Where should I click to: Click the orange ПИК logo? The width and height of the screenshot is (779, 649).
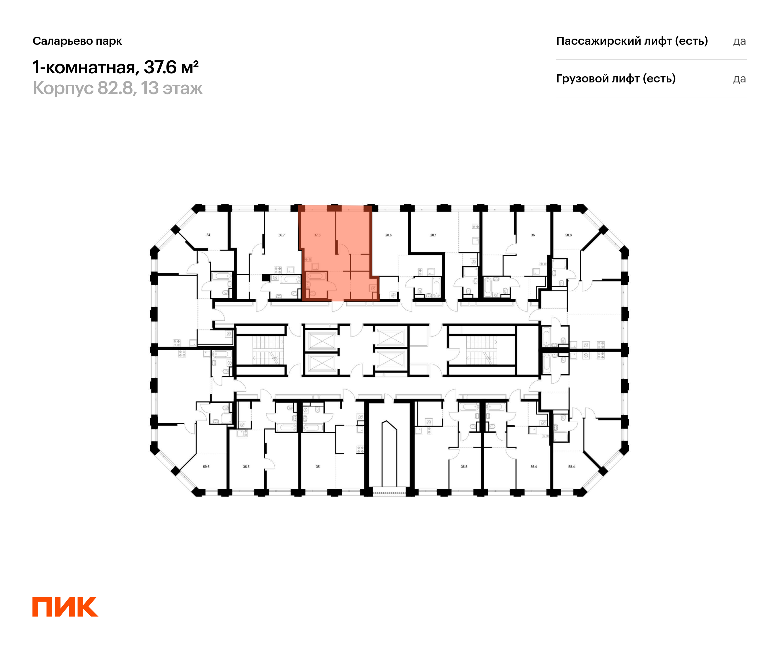tap(65, 607)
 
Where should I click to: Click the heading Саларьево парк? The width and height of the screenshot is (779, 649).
tap(77, 41)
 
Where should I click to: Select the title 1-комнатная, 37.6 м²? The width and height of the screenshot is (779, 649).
tap(115, 67)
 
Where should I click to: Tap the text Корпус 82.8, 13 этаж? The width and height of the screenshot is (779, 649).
tap(117, 88)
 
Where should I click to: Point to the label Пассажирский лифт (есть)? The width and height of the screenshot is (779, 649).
tap(632, 41)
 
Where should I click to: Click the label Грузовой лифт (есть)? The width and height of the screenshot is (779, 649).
tap(616, 79)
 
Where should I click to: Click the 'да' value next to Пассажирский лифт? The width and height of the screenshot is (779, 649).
tap(739, 41)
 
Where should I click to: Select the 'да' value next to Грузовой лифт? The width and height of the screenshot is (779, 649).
tap(739, 79)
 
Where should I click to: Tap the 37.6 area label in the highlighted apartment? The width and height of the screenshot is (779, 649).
tap(317, 235)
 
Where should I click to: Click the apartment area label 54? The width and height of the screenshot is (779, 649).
tap(208, 235)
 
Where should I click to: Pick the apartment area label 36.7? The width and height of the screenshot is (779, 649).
tap(281, 235)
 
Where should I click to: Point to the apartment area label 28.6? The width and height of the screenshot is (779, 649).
tap(389, 235)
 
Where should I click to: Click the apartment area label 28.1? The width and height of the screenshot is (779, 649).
tap(433, 235)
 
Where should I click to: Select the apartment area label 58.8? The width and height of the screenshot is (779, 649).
tap(568, 235)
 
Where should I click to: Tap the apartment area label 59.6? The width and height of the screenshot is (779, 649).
tap(206, 467)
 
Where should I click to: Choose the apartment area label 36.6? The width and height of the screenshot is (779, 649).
tap(246, 467)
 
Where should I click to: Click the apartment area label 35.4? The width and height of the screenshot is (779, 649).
tap(533, 467)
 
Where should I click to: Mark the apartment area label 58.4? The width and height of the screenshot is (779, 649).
tap(572, 467)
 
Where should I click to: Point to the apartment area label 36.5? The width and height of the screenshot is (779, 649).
tap(464, 467)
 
